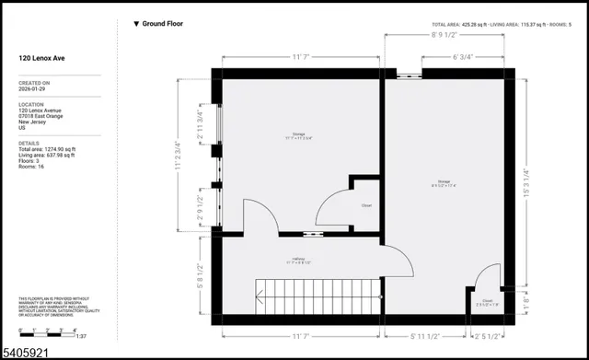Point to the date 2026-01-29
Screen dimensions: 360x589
click(33, 90)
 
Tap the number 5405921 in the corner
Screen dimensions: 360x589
click(24, 352)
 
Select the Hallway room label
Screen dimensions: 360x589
click(299, 261)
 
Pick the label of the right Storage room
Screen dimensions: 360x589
click(445, 182)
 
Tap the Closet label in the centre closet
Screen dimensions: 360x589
click(365, 205)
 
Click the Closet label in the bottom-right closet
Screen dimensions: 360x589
click(487, 300)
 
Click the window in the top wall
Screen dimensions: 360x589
click(404, 71)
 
